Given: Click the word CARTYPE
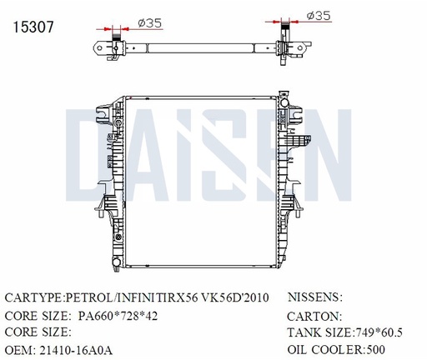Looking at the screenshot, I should (x=34, y=297).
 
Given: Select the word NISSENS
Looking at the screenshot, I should (x=315, y=297).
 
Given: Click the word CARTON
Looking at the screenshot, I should (x=314, y=316).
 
